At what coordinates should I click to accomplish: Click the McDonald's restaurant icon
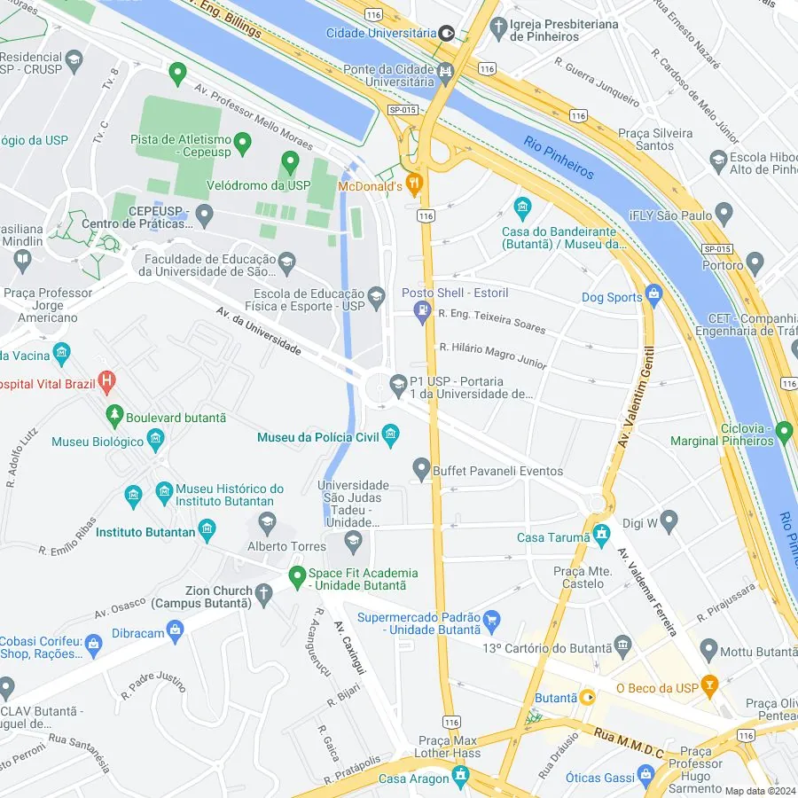[x=415, y=185]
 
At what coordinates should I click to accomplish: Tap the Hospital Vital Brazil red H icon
[x=107, y=384]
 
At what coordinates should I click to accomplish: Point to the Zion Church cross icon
[x=263, y=591]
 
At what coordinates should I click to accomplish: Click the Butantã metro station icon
[x=587, y=698]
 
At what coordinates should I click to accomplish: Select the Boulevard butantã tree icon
[x=113, y=414]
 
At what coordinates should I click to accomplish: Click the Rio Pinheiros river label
[x=558, y=158]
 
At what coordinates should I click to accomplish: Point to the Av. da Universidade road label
[x=258, y=331]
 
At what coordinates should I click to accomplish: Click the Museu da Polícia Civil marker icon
[x=391, y=434]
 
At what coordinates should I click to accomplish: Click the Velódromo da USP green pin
[x=289, y=163]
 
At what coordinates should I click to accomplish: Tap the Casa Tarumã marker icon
[x=602, y=534]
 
